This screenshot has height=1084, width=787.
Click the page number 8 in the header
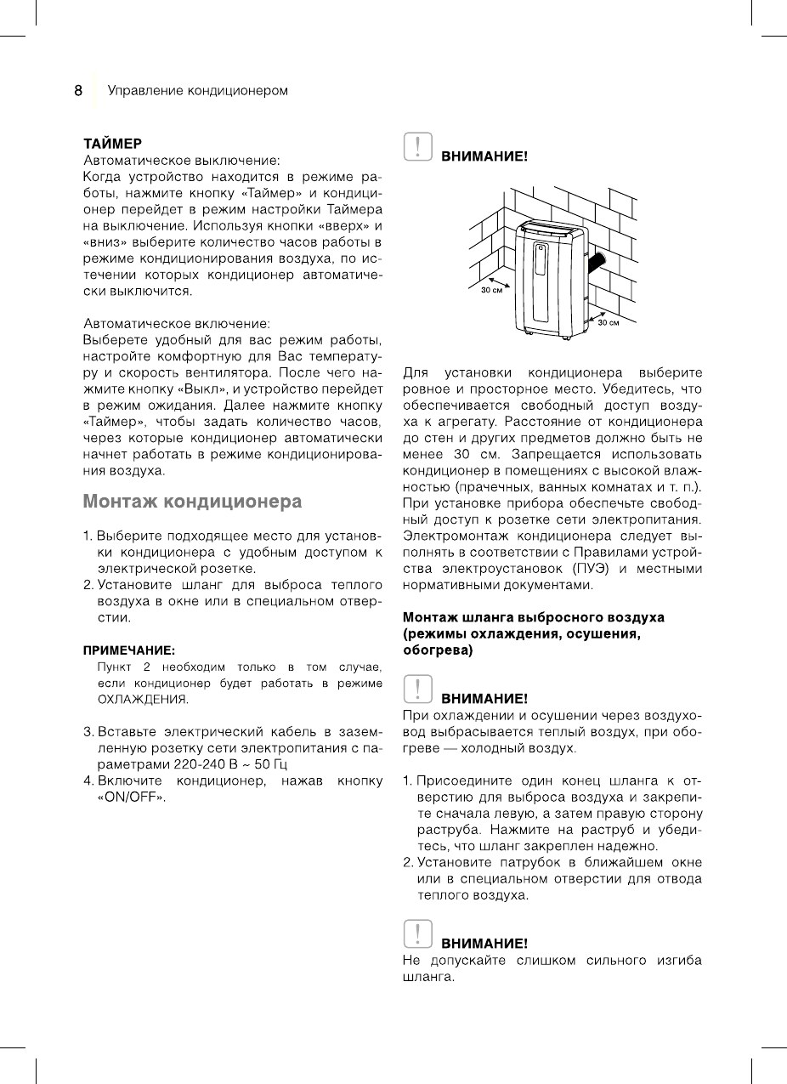pos(77,91)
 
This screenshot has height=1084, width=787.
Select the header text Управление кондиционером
pos(197,91)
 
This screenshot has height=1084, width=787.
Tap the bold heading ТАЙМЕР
pos(112,143)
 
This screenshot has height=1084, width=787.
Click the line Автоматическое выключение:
pos(181,159)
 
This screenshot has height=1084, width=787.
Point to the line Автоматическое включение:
pos(177,324)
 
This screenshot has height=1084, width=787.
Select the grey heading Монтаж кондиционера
pos(192,502)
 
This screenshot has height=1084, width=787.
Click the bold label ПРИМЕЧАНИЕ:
pos(128,650)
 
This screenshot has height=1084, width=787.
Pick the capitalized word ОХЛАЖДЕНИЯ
pos(143,700)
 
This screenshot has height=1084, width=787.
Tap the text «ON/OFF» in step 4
pos(131,798)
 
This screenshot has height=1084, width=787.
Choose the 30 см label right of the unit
pos(609,323)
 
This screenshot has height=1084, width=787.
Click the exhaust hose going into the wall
pos(597,259)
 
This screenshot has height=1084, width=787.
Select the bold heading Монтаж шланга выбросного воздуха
pos(533,616)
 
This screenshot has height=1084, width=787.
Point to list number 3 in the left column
pos(88,731)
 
